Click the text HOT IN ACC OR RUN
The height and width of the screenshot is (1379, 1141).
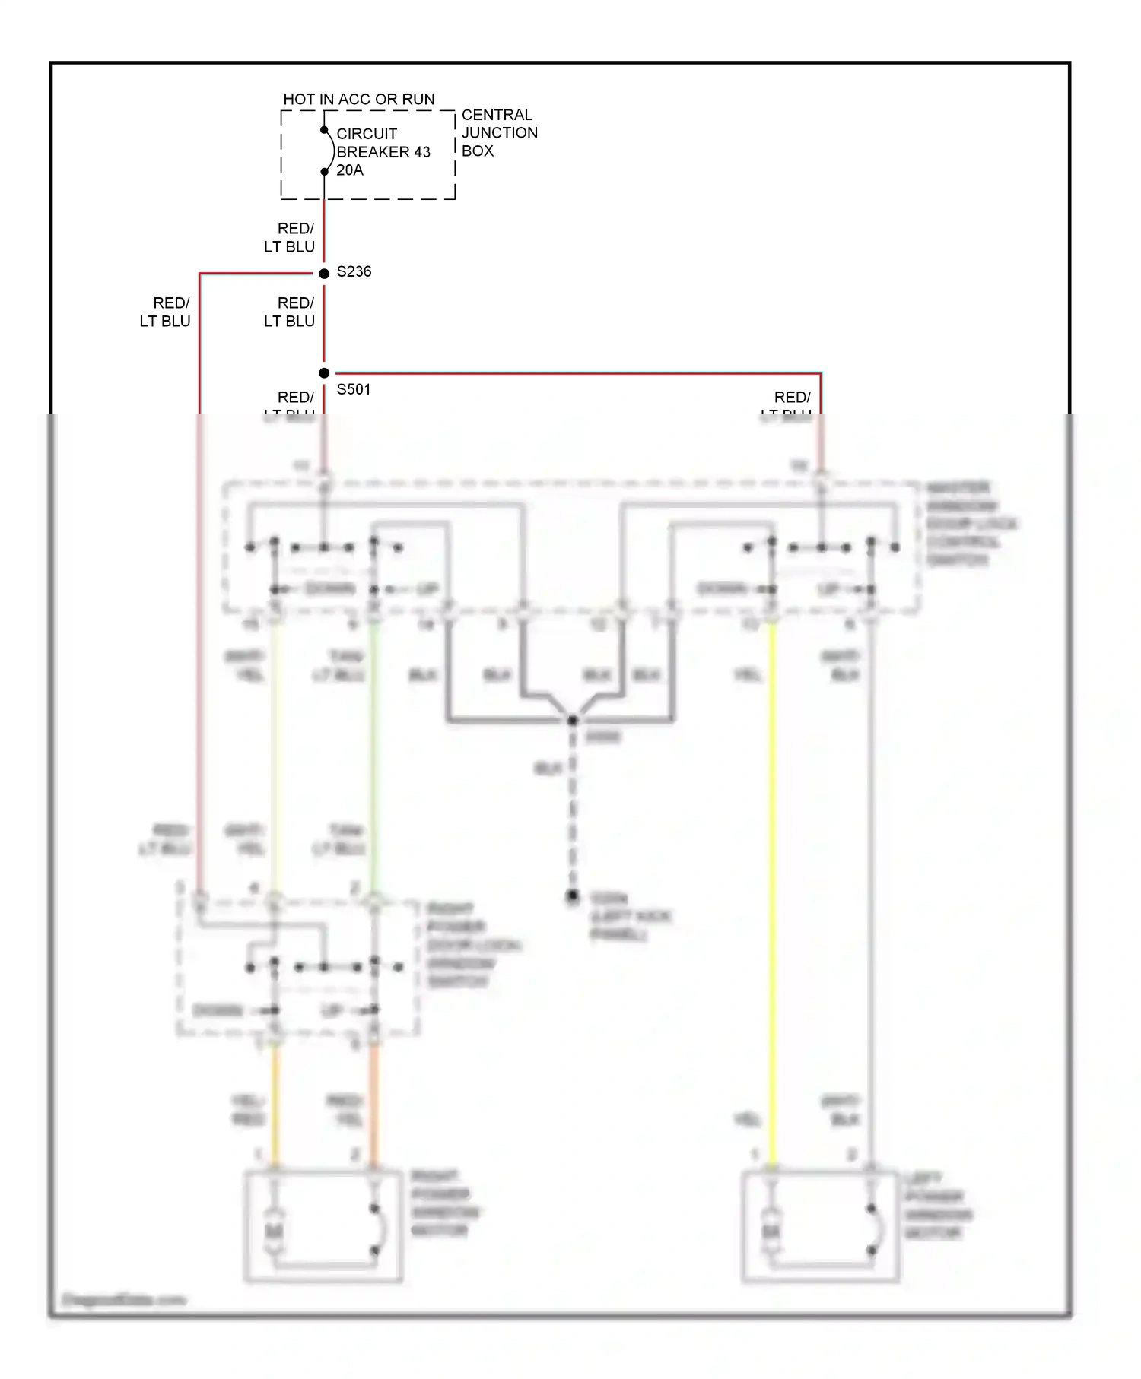359,100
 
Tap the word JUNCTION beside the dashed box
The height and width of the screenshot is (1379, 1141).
499,133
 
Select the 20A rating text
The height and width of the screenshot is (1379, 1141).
350,170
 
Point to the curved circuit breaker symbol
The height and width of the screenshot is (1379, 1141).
330,151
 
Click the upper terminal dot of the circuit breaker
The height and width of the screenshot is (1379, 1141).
324,130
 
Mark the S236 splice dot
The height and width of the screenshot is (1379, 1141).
324,273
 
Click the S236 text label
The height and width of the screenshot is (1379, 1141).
354,271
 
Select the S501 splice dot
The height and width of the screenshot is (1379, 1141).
324,373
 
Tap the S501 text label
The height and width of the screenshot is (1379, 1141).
354,389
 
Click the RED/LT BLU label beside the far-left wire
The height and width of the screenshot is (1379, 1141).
165,312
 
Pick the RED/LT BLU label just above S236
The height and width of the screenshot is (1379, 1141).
290,238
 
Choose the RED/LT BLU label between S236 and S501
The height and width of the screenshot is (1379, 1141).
290,312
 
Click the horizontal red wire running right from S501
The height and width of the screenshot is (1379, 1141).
570,373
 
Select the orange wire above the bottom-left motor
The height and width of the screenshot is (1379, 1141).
373,1102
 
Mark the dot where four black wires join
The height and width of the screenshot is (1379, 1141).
573,720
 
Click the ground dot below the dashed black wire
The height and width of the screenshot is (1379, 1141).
573,896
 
